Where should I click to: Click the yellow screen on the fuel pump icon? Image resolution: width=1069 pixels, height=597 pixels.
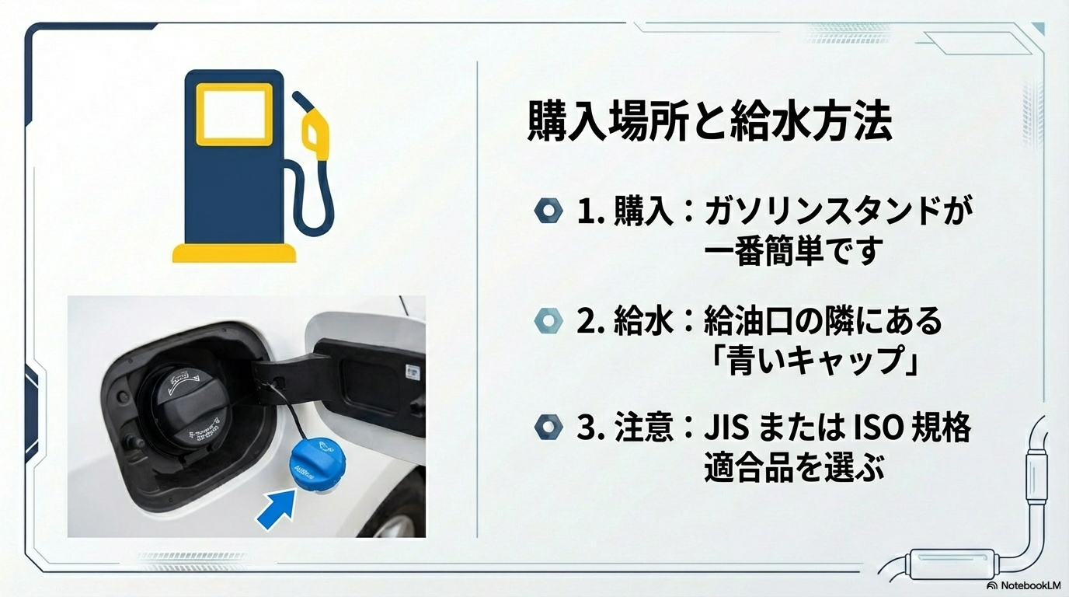pyautogui.click(x=233, y=115)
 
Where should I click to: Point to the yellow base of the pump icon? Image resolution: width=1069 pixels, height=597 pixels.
pyautogui.click(x=234, y=253)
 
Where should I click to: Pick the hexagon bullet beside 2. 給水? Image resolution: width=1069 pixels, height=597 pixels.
pyautogui.click(x=548, y=320)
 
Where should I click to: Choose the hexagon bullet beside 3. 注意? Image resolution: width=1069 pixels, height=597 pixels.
pyautogui.click(x=548, y=428)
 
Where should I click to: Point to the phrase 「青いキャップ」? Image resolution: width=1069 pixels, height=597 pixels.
pyautogui.click(x=812, y=361)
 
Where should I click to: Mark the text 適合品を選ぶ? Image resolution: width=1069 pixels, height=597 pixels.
pyautogui.click(x=794, y=469)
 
